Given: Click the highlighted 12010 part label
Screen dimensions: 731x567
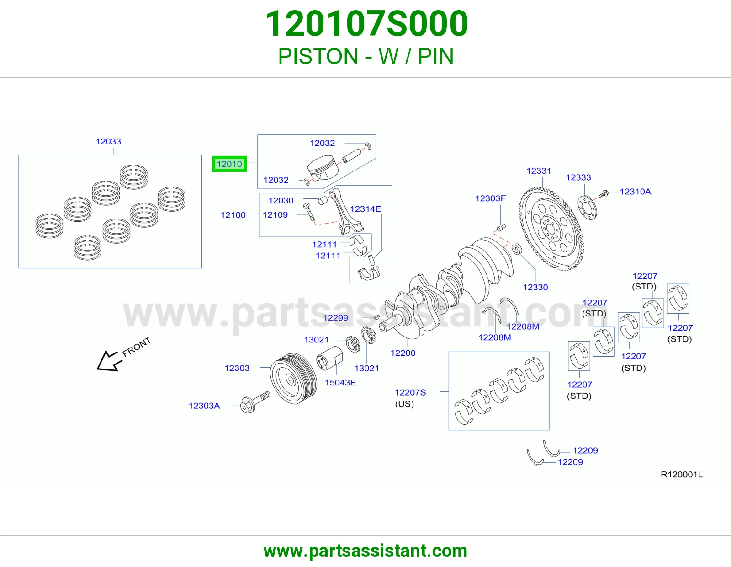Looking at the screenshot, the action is point(229,164).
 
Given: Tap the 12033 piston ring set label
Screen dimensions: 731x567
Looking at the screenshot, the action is point(108,141).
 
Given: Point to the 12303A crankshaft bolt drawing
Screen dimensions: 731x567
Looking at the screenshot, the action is point(255,402).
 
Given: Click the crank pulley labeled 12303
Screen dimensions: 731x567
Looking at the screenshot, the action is point(293,378).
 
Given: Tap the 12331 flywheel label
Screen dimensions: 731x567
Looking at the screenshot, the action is point(539,171).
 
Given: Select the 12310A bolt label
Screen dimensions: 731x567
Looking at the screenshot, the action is point(636,192).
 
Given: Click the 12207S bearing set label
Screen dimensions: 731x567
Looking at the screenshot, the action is point(410,392).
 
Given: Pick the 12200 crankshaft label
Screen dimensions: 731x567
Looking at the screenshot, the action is point(403,353).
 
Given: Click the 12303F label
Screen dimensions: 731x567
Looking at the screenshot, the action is point(490,198).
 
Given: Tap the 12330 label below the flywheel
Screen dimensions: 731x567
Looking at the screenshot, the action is point(535,287).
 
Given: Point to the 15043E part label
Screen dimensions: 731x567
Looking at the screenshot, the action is point(340,382).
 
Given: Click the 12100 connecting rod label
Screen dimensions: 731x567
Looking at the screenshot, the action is point(233,215).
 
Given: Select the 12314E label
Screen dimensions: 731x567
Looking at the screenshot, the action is point(365,209).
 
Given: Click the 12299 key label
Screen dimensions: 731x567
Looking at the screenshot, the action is point(335,317).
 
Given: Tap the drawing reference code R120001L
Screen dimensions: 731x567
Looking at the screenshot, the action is point(682,475).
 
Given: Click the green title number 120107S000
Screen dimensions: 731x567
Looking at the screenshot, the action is point(367,23).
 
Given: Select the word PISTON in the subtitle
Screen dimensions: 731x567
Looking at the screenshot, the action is point(318,56).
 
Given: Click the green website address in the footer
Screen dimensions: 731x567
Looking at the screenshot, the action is point(365,551).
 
